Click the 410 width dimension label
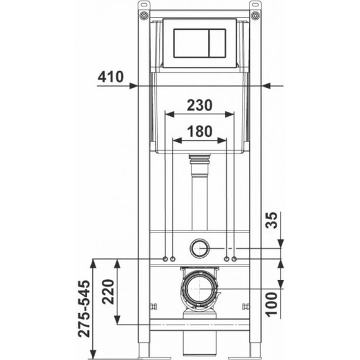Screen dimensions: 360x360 click(x=111, y=76)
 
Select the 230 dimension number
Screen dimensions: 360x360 click(x=200, y=105)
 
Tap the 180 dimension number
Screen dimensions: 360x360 click(x=200, y=131)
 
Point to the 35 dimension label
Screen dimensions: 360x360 click(x=272, y=220)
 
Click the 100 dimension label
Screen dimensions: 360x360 click(x=272, y=304)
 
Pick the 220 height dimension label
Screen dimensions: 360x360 click(x=108, y=292)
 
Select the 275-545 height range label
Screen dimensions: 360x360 click(x=84, y=309)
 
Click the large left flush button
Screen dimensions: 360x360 click(x=191, y=43)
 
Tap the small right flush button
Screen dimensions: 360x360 click(x=217, y=43)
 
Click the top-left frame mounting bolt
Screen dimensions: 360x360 click(x=144, y=16)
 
